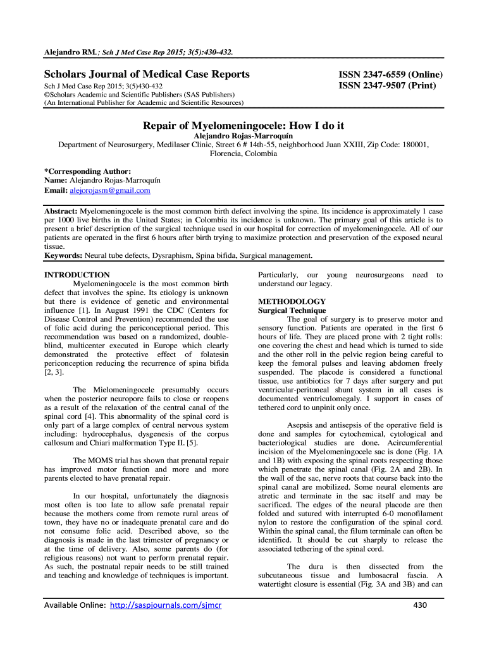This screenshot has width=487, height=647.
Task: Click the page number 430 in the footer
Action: [x=419, y=605]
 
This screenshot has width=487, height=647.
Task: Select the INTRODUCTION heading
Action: [x=77, y=275]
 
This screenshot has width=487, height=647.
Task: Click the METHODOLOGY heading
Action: [x=292, y=301]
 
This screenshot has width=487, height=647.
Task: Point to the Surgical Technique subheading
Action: [x=292, y=311]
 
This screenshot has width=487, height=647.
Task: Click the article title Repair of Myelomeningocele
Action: [x=243, y=125]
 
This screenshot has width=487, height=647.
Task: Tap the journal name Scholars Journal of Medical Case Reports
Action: [x=146, y=75]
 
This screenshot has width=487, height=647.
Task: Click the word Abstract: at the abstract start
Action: [x=61, y=210]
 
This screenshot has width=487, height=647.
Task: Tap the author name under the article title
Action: [x=243, y=136]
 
